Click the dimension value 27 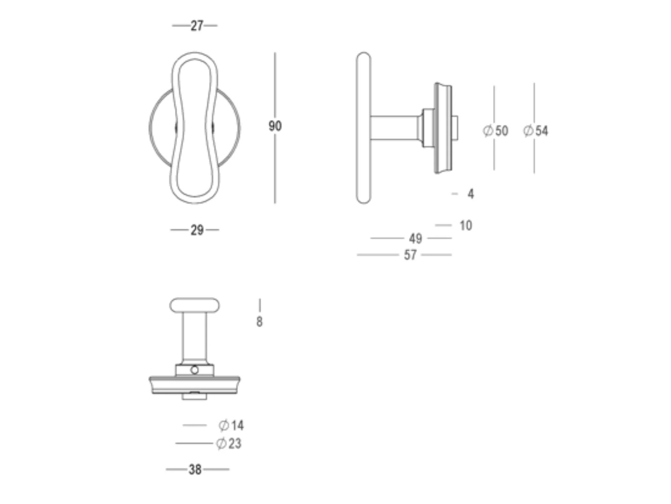[x=197, y=26]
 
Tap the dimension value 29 [x=197, y=230]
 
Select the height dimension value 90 [x=275, y=126]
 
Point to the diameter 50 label [x=495, y=131]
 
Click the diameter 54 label [x=535, y=131]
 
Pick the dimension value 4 [x=471, y=194]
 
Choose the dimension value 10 [x=466, y=226]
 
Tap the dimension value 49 [x=415, y=239]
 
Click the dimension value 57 [x=410, y=255]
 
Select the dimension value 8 [x=259, y=322]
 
